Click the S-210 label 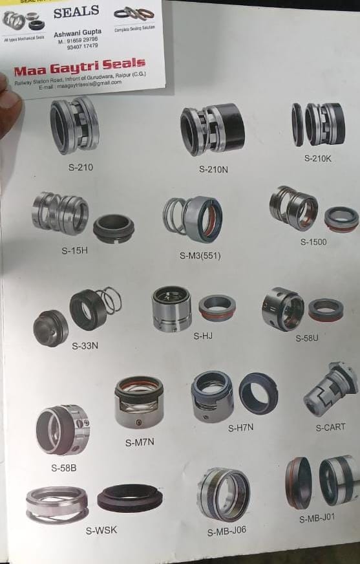[x=81, y=167]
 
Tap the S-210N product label [x=213, y=169]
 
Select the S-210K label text [x=317, y=158]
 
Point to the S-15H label [x=74, y=250]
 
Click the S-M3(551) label [x=200, y=255]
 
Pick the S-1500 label [x=313, y=242]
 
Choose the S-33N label [x=85, y=345]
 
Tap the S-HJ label [x=203, y=336]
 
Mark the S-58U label [x=308, y=338]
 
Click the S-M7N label [x=140, y=442]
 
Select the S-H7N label [x=240, y=428]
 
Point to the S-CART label [x=330, y=428]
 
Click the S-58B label [x=64, y=467]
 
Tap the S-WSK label [x=101, y=531]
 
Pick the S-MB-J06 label [x=226, y=532]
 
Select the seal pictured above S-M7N [x=138, y=402]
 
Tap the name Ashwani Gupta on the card [x=77, y=32]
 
